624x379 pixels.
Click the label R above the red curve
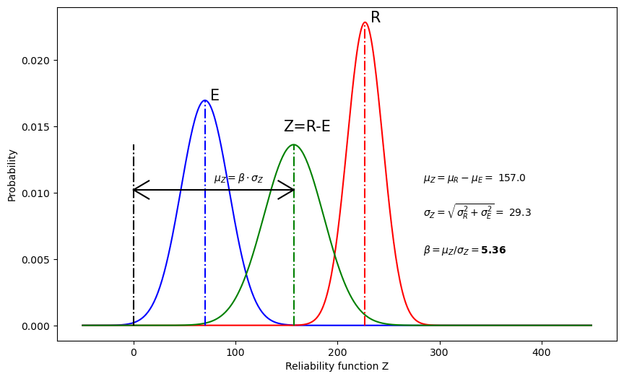(376, 18)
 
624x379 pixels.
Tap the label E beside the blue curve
(214, 96)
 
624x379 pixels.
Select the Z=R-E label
(307, 127)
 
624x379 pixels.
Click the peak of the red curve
(365, 22)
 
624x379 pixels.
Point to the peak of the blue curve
(205, 100)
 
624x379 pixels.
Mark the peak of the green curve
(294, 145)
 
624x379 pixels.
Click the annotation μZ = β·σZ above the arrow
(238, 178)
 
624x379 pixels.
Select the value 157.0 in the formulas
(512, 178)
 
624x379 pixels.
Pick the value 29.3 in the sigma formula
(520, 213)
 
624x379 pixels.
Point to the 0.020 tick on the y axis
(38, 61)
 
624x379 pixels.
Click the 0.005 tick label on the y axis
(38, 260)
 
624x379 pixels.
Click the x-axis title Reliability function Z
(337, 367)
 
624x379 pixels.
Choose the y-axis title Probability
(12, 175)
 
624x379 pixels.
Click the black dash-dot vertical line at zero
(134, 238)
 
